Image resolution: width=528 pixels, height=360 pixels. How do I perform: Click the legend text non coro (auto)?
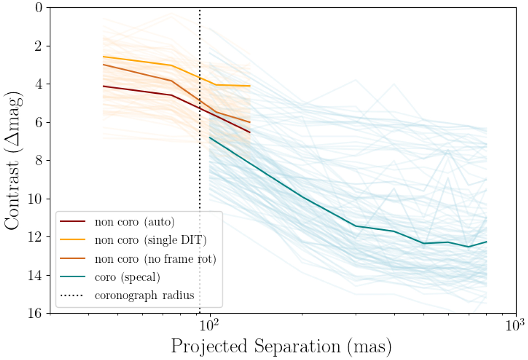[135, 222]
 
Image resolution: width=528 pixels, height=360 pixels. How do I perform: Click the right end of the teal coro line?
[487, 242]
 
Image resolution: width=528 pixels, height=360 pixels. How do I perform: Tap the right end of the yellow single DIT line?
[250, 86]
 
